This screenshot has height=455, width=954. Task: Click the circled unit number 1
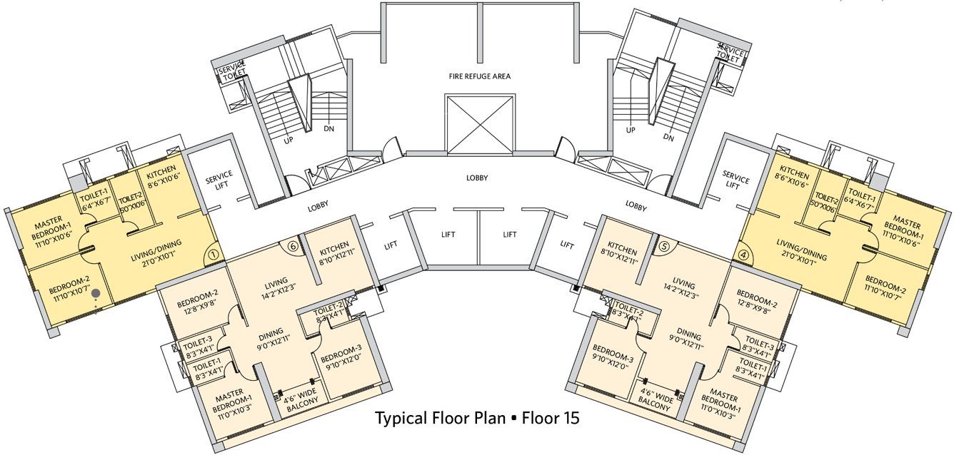213,253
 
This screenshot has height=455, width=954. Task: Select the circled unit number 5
663,246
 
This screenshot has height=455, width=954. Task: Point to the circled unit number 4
743,253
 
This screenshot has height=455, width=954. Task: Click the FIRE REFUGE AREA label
479,76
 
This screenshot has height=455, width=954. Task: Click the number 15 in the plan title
570,419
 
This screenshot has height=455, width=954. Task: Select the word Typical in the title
403,419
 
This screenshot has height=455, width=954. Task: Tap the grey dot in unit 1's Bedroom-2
96,292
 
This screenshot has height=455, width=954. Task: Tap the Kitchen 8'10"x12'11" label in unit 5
618,256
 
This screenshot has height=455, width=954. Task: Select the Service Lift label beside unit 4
735,180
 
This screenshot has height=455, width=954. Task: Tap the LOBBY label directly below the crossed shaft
478,178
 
